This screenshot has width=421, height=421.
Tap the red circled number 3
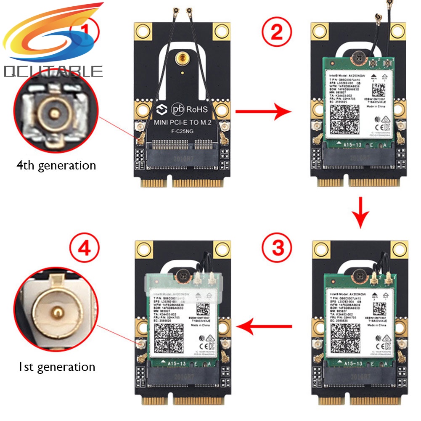tap(277, 248)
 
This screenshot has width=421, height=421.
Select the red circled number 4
tap(84, 248)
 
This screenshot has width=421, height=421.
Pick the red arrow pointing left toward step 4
tap(264, 326)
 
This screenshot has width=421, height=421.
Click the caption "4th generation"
tap(56, 165)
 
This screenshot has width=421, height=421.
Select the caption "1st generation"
tap(56, 366)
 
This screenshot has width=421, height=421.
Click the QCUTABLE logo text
tap(53, 71)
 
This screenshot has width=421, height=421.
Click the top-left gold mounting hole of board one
tap(143, 30)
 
